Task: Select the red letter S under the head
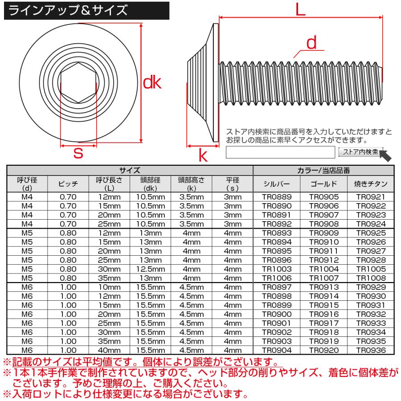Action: tap(78, 154)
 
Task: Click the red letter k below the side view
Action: tap(203, 155)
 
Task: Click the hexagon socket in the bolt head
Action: tap(78, 83)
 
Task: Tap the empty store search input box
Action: tap(280, 152)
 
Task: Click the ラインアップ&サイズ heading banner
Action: tap(67, 10)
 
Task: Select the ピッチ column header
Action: tap(68, 184)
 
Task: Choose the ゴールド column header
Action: tap(323, 184)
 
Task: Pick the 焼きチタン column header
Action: tap(371, 184)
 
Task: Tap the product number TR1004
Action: tap(323, 269)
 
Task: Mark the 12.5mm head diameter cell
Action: tap(149, 269)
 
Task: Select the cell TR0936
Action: tap(371, 350)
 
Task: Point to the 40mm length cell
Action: tap(109, 350)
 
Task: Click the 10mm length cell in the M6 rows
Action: tap(109, 287)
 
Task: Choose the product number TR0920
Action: tap(323, 350)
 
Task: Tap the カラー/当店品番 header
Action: tap(323, 170)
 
